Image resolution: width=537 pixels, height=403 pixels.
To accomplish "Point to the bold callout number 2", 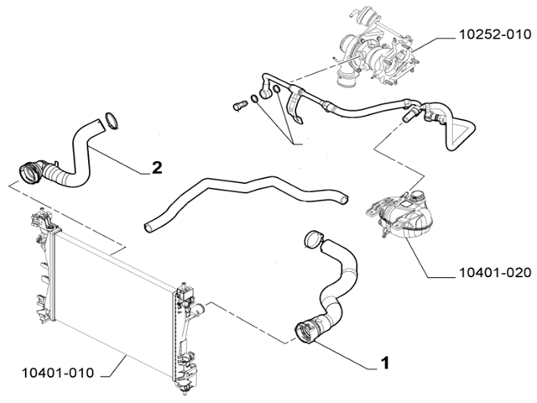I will click(x=157, y=167).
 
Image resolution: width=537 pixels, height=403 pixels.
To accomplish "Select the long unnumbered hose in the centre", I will click(x=243, y=196).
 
